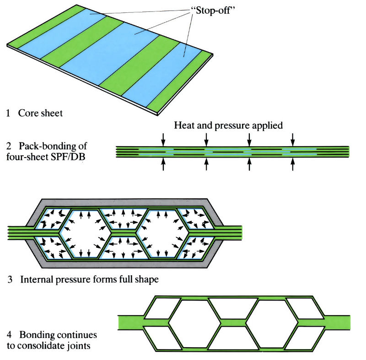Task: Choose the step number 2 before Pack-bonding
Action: click(9, 147)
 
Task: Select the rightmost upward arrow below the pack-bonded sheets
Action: click(293, 165)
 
